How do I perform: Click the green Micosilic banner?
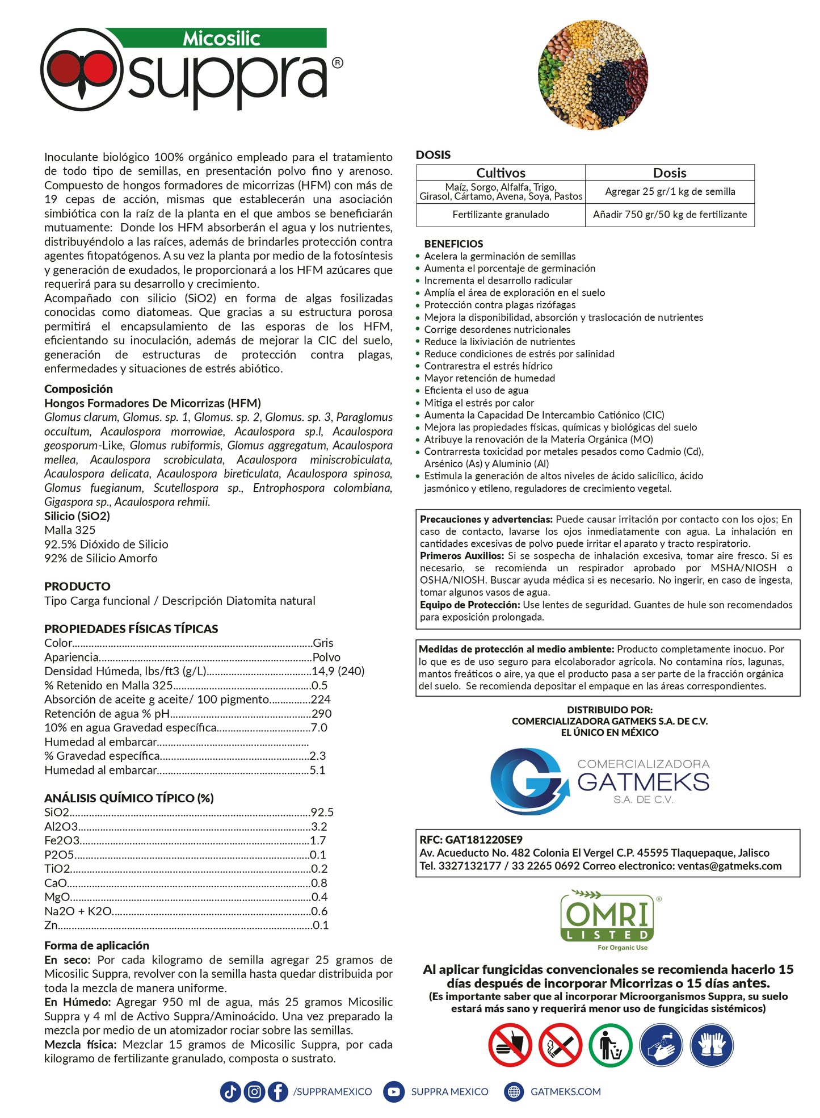[x=221, y=39]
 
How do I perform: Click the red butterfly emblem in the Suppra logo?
[x=81, y=70]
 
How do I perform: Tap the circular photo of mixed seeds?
[x=592, y=74]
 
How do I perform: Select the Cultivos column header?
[x=501, y=173]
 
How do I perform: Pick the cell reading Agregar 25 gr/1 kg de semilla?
[x=670, y=192]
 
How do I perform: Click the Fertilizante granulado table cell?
[x=501, y=215]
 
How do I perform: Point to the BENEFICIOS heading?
[x=453, y=244]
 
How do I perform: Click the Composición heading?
[x=78, y=389]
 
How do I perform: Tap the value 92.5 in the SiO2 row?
[x=322, y=813]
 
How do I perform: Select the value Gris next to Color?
[x=323, y=643]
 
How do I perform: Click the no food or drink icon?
[x=510, y=1045]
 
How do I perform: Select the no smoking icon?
[x=560, y=1045]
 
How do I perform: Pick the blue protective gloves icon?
[x=712, y=1045]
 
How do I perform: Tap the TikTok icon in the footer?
[x=230, y=1091]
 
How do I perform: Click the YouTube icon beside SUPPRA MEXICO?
[x=394, y=1091]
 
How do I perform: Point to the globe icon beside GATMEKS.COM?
[x=514, y=1091]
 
